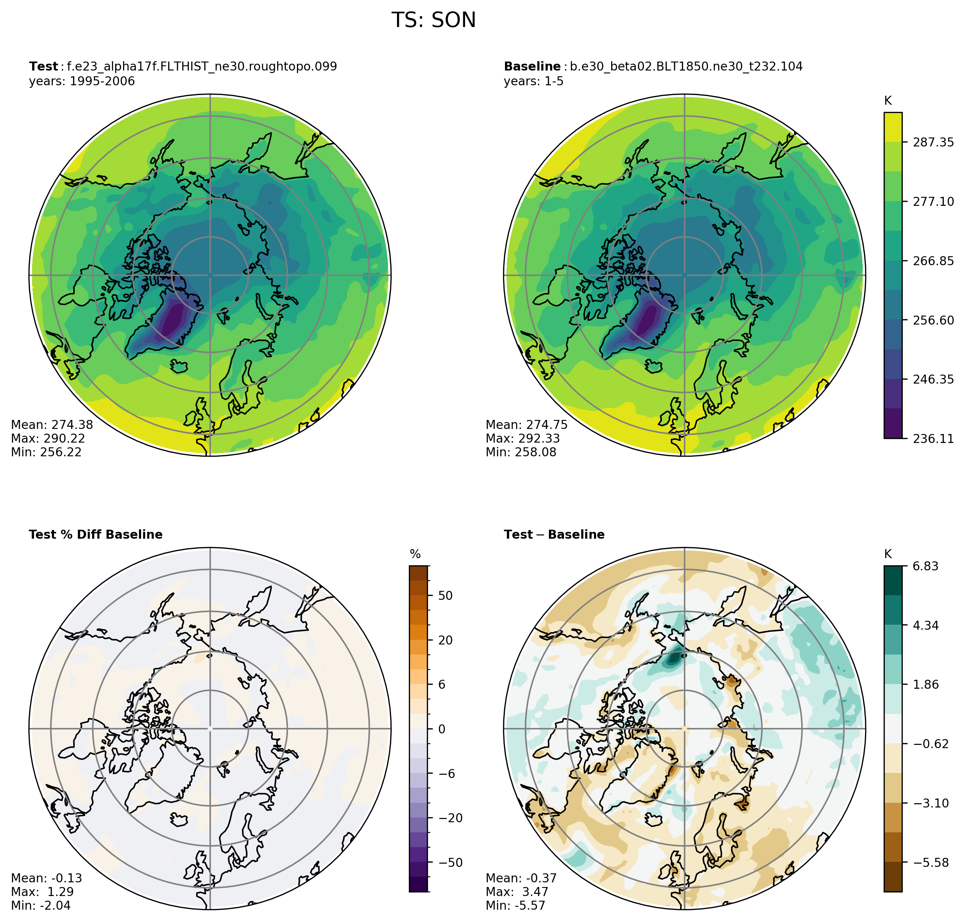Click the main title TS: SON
tap(433, 20)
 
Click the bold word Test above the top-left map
tap(43, 67)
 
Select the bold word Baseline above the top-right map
tap(532, 67)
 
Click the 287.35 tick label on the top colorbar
tap(933, 142)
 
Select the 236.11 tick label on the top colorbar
tap(933, 438)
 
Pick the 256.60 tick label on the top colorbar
tap(933, 320)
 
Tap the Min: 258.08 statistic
tap(520, 452)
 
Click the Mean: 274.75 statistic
tap(527, 425)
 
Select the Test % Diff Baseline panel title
tap(95, 535)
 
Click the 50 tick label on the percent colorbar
tap(445, 595)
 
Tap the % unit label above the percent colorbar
tap(415, 555)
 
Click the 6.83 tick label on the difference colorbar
tap(925, 566)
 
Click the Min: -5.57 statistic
tap(515, 905)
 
